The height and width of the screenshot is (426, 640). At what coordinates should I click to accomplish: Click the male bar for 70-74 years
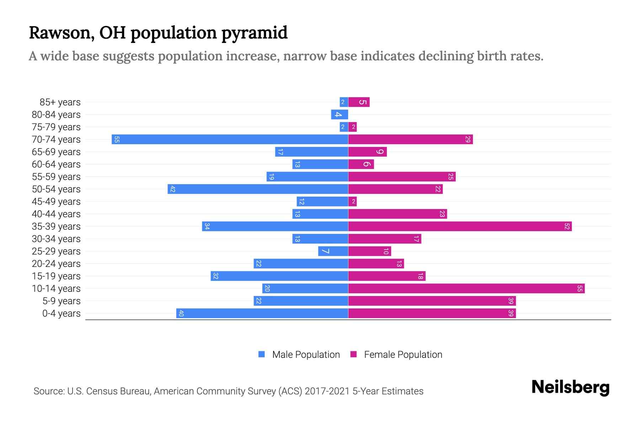click(230, 139)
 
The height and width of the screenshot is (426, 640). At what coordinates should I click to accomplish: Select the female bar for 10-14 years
click(466, 288)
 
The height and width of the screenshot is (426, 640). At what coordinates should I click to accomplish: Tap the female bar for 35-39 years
click(460, 226)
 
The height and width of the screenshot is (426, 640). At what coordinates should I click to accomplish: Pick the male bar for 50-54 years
click(258, 189)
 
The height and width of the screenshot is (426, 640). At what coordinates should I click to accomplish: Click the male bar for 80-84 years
click(340, 114)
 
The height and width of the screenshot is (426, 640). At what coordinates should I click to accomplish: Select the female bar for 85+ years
click(359, 102)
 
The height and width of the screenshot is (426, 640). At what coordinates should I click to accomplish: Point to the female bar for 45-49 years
click(352, 202)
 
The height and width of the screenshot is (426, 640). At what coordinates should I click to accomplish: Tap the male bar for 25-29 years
click(333, 251)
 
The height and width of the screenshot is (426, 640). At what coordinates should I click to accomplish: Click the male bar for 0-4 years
click(262, 313)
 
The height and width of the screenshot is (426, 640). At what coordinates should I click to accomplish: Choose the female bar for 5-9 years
click(432, 301)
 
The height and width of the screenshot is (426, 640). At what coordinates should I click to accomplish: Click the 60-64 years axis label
click(56, 164)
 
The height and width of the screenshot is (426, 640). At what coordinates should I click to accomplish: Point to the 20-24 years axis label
click(56, 264)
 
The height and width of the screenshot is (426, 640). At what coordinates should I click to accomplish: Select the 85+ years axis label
click(60, 102)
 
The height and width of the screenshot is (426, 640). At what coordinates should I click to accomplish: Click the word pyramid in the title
click(254, 33)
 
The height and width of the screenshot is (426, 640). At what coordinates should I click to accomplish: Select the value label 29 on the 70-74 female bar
click(468, 139)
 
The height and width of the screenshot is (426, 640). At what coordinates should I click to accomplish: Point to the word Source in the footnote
click(48, 391)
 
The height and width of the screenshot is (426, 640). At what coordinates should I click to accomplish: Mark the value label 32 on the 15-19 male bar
click(215, 276)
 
